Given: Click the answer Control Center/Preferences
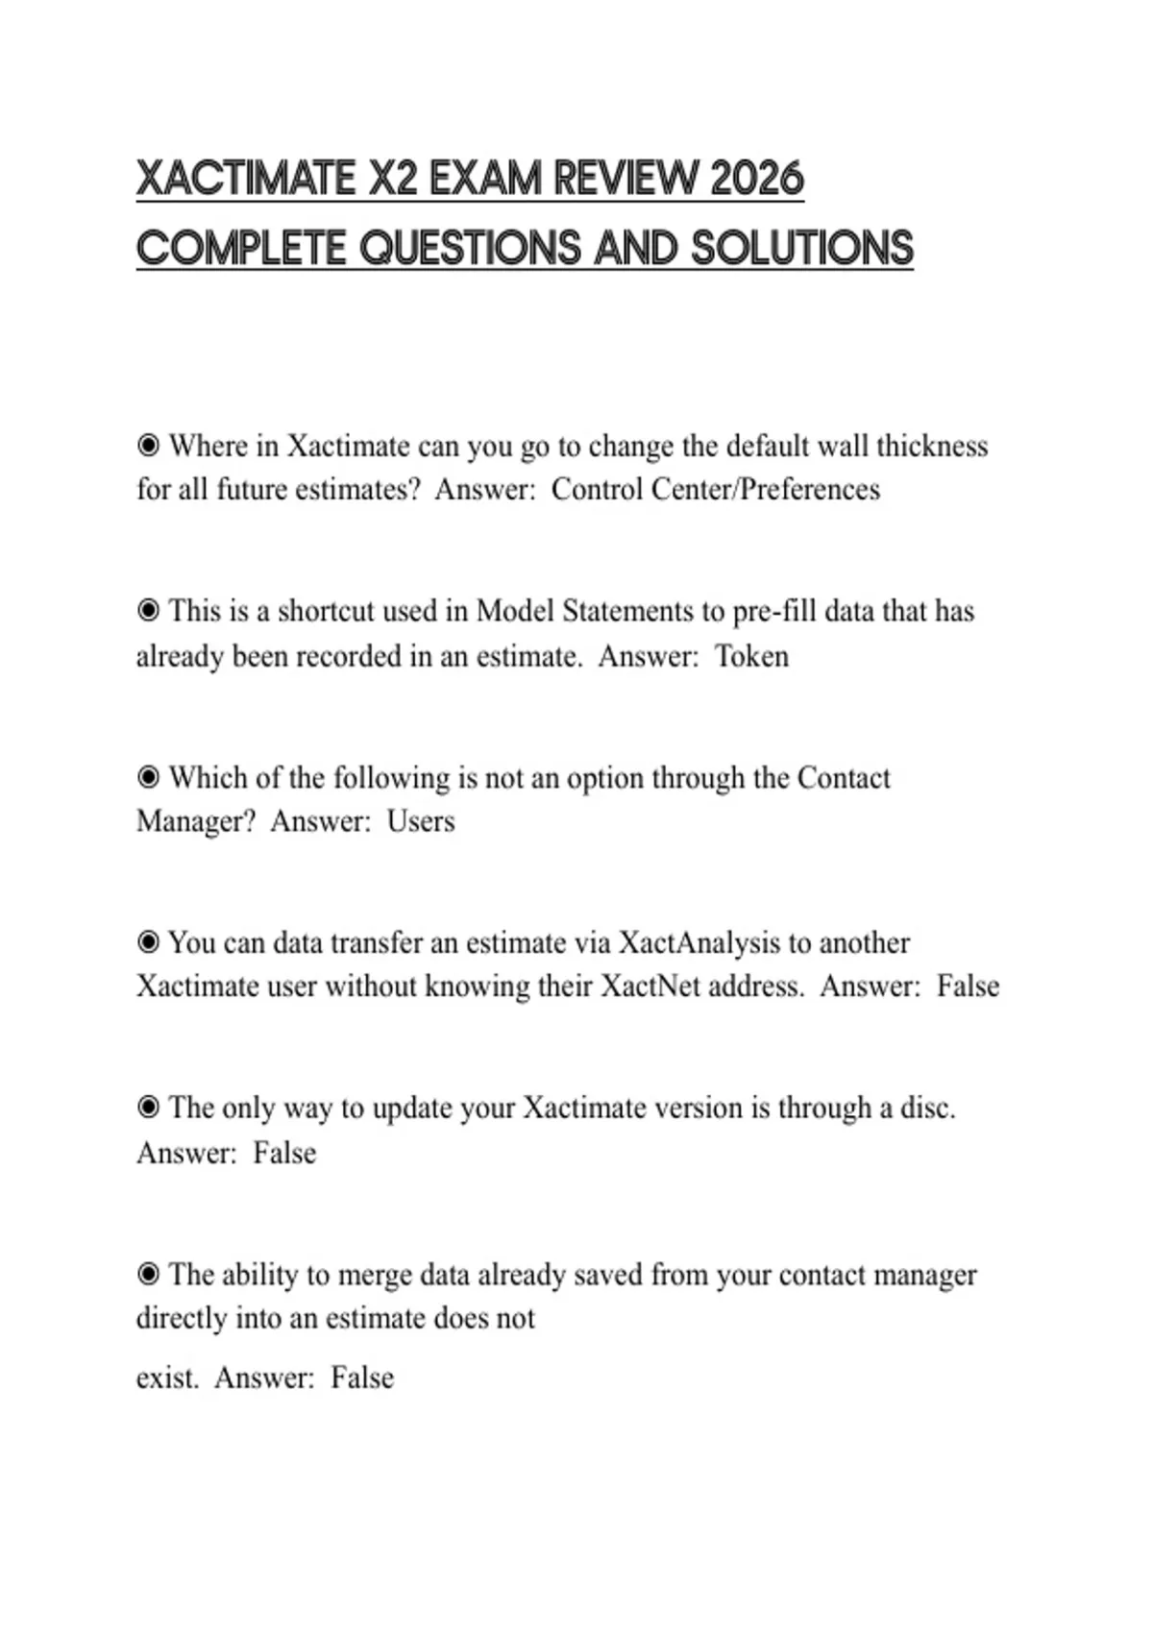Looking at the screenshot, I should click(715, 489).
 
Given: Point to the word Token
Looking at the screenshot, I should click(751, 656).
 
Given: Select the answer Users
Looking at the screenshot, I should click(421, 821).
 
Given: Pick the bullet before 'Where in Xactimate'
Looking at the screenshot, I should click(148, 446).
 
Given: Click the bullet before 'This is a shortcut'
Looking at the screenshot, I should click(148, 611).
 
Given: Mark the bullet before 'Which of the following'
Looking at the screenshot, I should click(148, 777).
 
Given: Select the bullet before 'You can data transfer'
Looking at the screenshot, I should click(148, 942).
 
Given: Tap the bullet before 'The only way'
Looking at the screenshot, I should click(148, 1109).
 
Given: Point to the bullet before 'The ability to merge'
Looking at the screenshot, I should click(148, 1275).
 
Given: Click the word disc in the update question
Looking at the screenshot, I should click(924, 1109).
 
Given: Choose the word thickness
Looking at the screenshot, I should click(931, 446).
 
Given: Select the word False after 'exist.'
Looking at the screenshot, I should click(362, 1377).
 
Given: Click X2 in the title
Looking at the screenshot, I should click(393, 179).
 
